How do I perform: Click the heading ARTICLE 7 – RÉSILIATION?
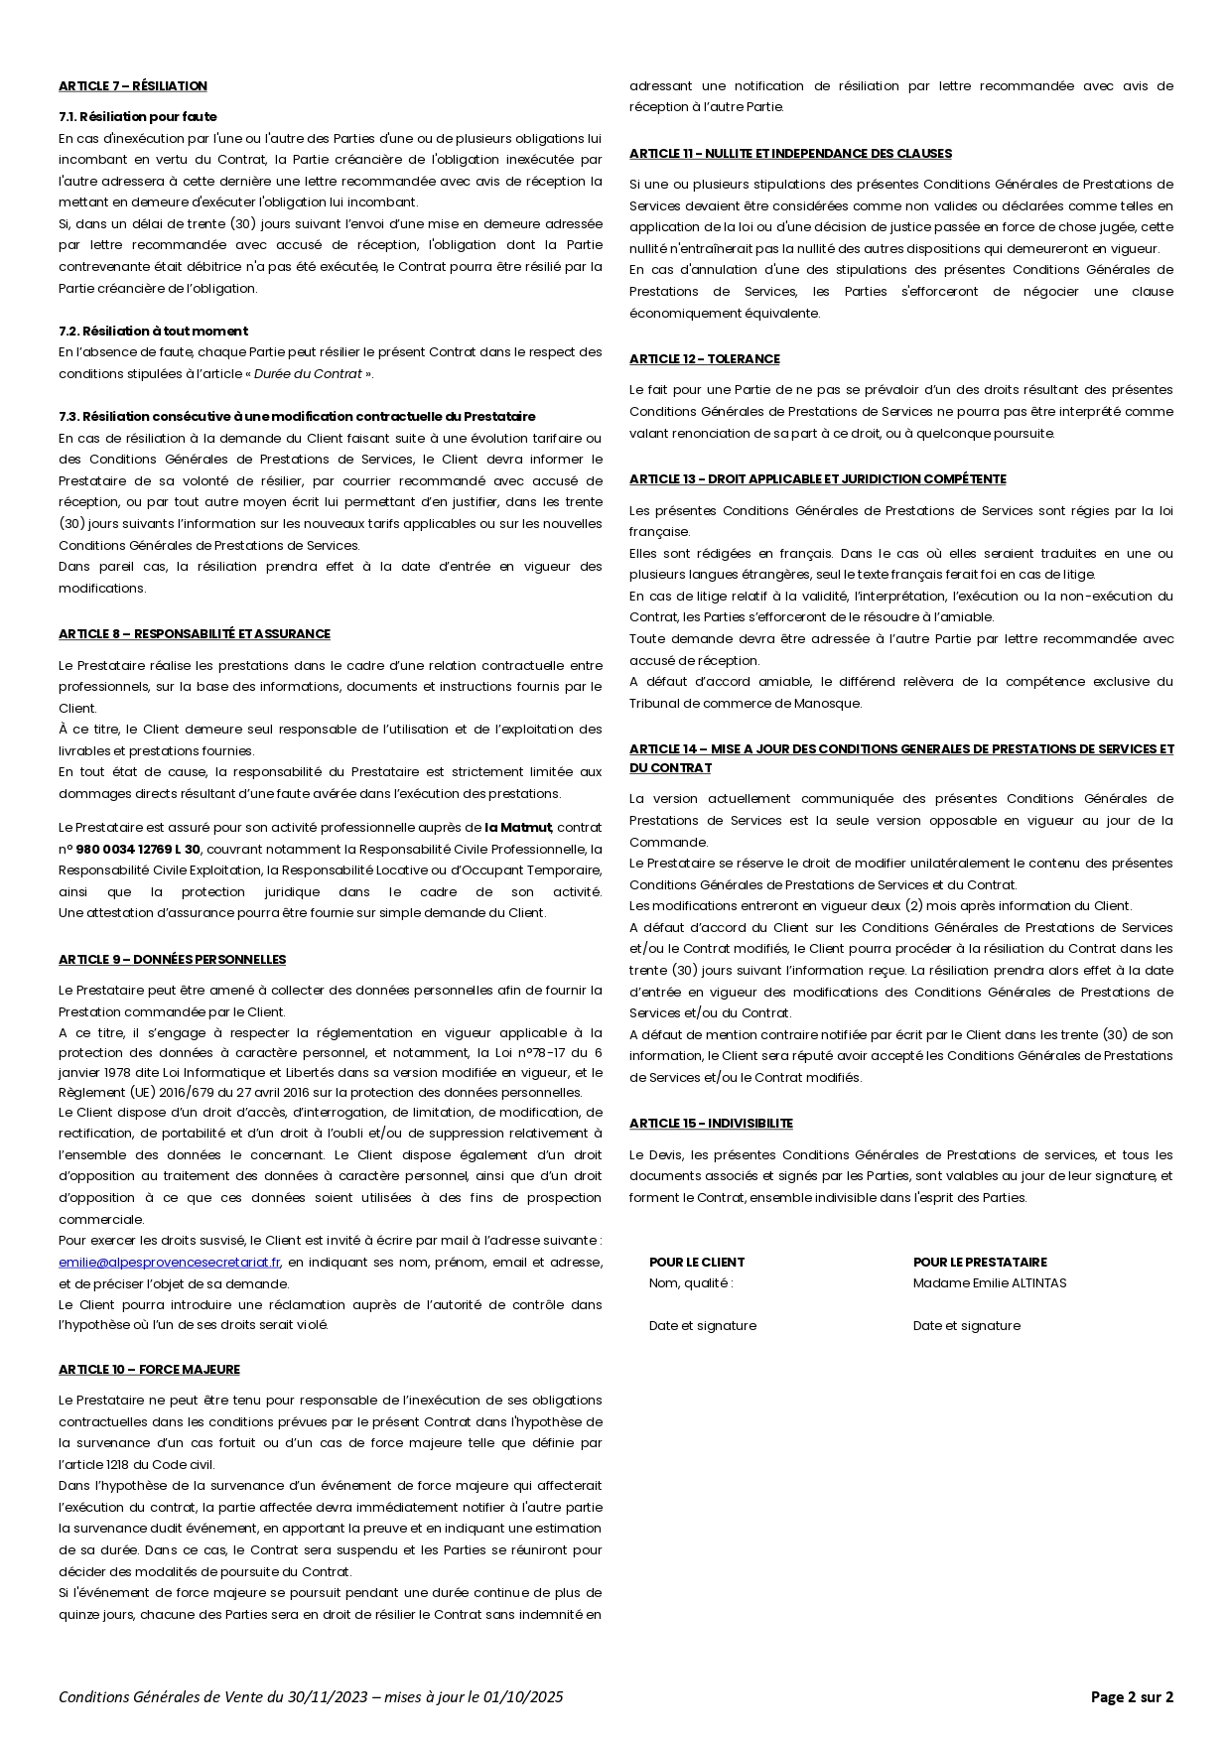coord(133,86)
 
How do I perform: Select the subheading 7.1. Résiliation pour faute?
coord(137,117)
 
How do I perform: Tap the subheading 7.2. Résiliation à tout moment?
coord(153,332)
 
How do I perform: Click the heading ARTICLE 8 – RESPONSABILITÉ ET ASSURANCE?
coord(195,634)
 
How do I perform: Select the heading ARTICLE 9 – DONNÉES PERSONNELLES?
coord(172,960)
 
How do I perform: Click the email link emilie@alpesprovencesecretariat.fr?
coord(170,1263)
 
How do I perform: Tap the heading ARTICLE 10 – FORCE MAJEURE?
coord(149,1370)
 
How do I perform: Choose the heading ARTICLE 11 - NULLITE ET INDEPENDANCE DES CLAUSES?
coord(790,154)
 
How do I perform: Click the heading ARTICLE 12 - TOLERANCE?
coord(704,359)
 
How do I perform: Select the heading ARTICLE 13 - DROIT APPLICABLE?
coord(817,479)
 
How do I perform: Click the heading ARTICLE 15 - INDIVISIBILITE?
coord(711,1124)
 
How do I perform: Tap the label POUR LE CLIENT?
coord(696,1263)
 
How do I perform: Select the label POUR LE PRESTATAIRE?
coord(980,1263)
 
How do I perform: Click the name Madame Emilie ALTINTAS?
coord(990,1283)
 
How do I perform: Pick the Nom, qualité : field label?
coord(691,1283)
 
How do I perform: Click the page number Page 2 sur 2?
coord(1132,1697)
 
